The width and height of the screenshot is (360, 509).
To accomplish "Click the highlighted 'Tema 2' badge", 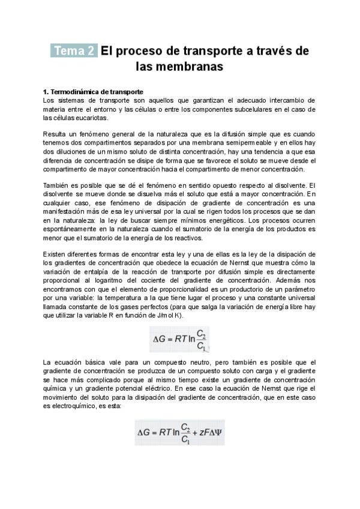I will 74,52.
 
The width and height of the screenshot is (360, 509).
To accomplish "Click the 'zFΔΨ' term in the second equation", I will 209,432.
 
